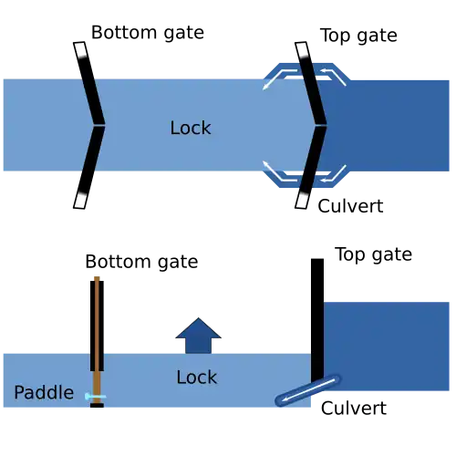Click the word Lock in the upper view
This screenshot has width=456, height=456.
(190, 129)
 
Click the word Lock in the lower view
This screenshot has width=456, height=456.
(196, 378)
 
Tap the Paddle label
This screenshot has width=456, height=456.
(44, 393)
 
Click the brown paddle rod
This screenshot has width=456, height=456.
(97, 328)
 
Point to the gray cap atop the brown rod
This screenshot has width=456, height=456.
(95, 274)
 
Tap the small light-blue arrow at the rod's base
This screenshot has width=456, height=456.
(95, 397)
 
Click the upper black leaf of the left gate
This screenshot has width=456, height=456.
(93, 100)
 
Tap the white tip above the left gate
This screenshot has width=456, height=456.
(81, 50)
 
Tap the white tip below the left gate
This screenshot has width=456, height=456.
(80, 199)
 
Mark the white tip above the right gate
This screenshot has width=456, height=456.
(302, 50)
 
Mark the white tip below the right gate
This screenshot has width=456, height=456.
(301, 200)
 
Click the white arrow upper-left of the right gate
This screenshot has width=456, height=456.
(278, 78)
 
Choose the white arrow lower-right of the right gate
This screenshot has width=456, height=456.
(334, 172)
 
